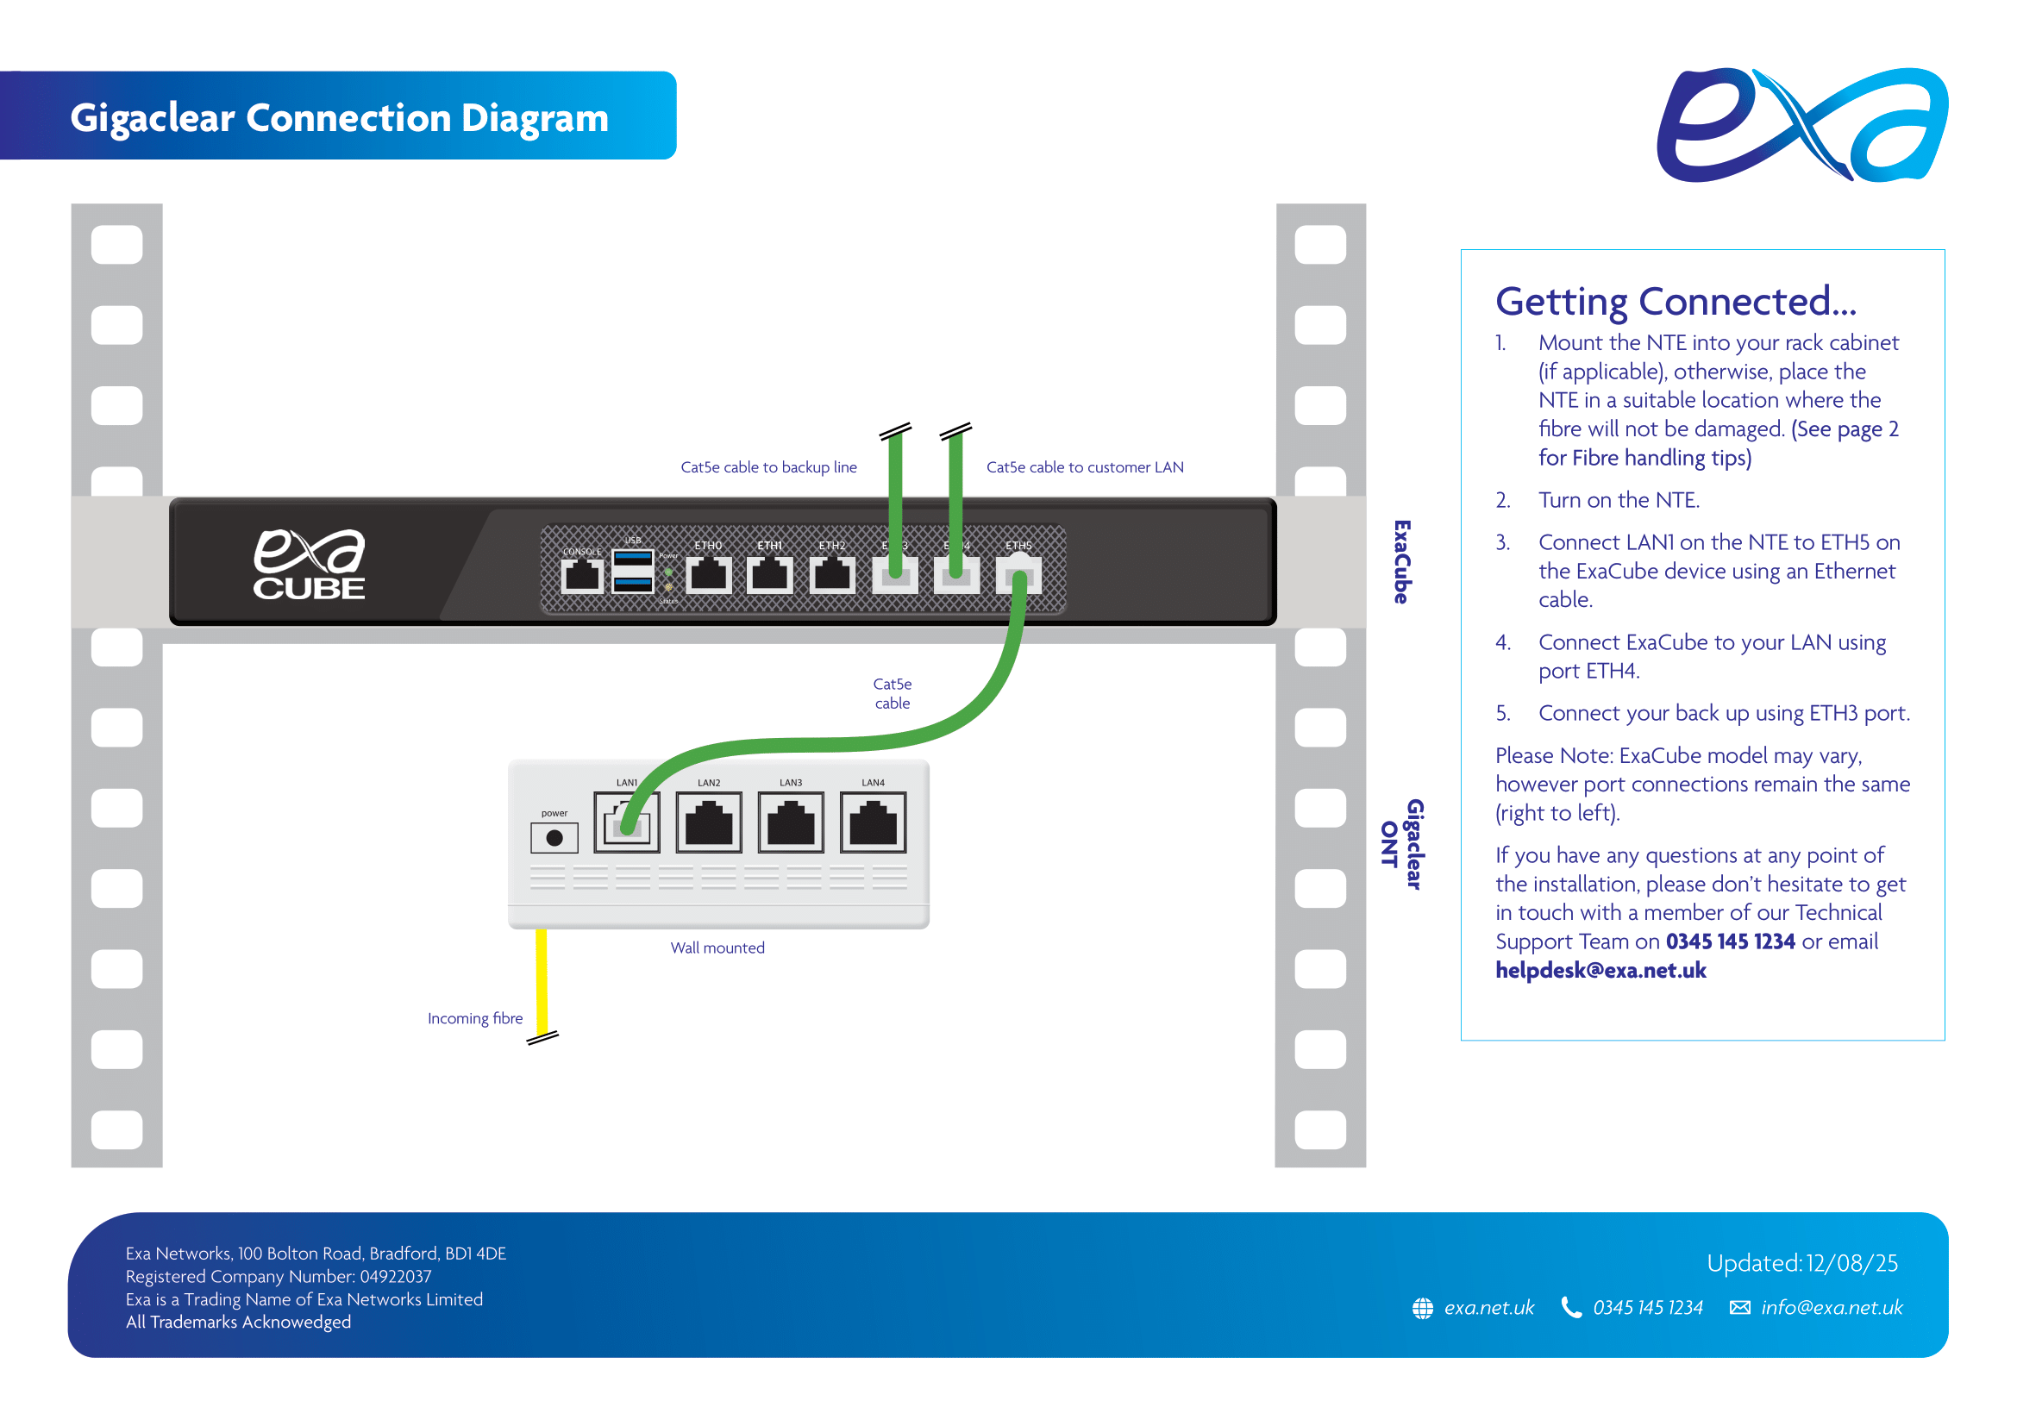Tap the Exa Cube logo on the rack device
pyautogui.click(x=309, y=565)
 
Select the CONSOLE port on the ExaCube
pyautogui.click(x=581, y=576)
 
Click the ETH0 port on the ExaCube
pyautogui.click(x=708, y=576)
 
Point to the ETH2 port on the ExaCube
pyautogui.click(x=831, y=576)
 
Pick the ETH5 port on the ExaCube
pyautogui.click(x=1018, y=576)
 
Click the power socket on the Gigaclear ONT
pyautogui.click(x=554, y=838)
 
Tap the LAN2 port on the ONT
pyautogui.click(x=708, y=822)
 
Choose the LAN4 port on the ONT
pyautogui.click(x=873, y=822)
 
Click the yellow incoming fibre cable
pyautogui.click(x=542, y=979)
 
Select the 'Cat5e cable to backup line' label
pyautogui.click(x=767, y=467)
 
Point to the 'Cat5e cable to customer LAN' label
pyautogui.click(x=1084, y=467)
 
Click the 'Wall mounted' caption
pyautogui.click(x=717, y=948)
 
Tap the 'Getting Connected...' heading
pyautogui.click(x=1676, y=301)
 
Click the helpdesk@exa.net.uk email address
pyautogui.click(x=1600, y=969)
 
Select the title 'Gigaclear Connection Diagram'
pyautogui.click(x=339, y=116)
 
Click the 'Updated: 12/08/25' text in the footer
pyautogui.click(x=1801, y=1263)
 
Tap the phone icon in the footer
pyautogui.click(x=1569, y=1308)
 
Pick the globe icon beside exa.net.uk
pyautogui.click(x=1422, y=1308)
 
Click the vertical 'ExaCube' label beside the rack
pyautogui.click(x=1401, y=561)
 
